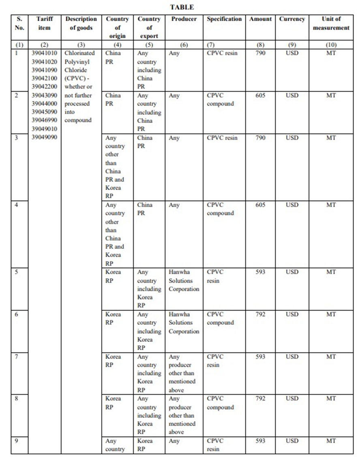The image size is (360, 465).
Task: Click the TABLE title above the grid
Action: pyautogui.click(x=182, y=7)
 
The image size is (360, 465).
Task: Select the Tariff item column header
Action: pyautogui.click(x=44, y=23)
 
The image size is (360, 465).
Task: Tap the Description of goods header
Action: pyautogui.click(x=81, y=23)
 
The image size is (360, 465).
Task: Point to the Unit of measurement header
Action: pyautogui.click(x=331, y=23)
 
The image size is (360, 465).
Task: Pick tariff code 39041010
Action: pyautogui.click(x=44, y=53)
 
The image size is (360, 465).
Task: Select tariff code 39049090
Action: pyautogui.click(x=44, y=137)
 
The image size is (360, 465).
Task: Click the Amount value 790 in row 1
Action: pyautogui.click(x=260, y=53)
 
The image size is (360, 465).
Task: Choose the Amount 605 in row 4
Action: pyautogui.click(x=260, y=205)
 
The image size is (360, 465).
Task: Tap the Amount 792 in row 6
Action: pyautogui.click(x=260, y=314)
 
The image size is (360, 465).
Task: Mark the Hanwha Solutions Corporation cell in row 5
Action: pyautogui.click(x=184, y=281)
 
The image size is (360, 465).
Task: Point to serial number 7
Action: pyautogui.click(x=17, y=356)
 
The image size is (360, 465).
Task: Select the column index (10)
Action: pyautogui.click(x=331, y=45)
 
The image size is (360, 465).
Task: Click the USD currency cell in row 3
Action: pyautogui.click(x=292, y=138)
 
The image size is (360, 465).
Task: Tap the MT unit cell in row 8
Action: pyautogui.click(x=331, y=399)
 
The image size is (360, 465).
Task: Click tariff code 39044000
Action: pyautogui.click(x=44, y=104)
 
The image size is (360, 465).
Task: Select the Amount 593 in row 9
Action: pyautogui.click(x=260, y=441)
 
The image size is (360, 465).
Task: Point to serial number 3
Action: pyautogui.click(x=17, y=138)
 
